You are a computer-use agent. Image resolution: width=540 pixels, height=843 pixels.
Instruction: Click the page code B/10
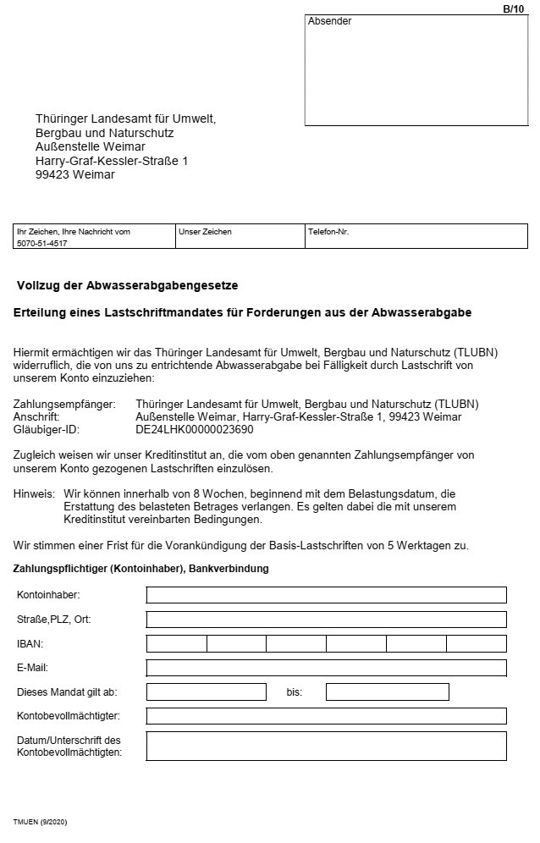tap(513, 8)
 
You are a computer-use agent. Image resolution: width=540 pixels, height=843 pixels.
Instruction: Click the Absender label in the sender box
tap(329, 22)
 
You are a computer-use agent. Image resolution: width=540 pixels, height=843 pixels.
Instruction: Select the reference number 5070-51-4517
tap(42, 243)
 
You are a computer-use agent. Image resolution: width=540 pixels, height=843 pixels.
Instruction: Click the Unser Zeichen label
tap(205, 231)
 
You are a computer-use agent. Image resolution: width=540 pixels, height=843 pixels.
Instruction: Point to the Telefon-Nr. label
tap(328, 231)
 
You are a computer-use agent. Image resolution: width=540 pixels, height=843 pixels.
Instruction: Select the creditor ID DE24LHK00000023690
tap(194, 429)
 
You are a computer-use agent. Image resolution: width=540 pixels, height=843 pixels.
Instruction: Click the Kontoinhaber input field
tap(326, 595)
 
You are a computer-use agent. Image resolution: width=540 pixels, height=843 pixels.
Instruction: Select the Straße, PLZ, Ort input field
tap(326, 620)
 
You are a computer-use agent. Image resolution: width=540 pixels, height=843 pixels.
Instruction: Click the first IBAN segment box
tap(177, 643)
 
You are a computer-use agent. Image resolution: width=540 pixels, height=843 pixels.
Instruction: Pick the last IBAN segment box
tap(477, 643)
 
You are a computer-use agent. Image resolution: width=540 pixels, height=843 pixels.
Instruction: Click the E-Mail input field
tap(326, 668)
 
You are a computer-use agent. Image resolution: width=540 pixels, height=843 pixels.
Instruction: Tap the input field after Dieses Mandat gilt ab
tap(207, 691)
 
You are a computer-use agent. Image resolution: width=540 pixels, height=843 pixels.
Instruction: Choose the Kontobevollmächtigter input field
tap(326, 716)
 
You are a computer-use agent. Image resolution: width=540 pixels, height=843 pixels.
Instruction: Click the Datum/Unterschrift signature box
tap(326, 746)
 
